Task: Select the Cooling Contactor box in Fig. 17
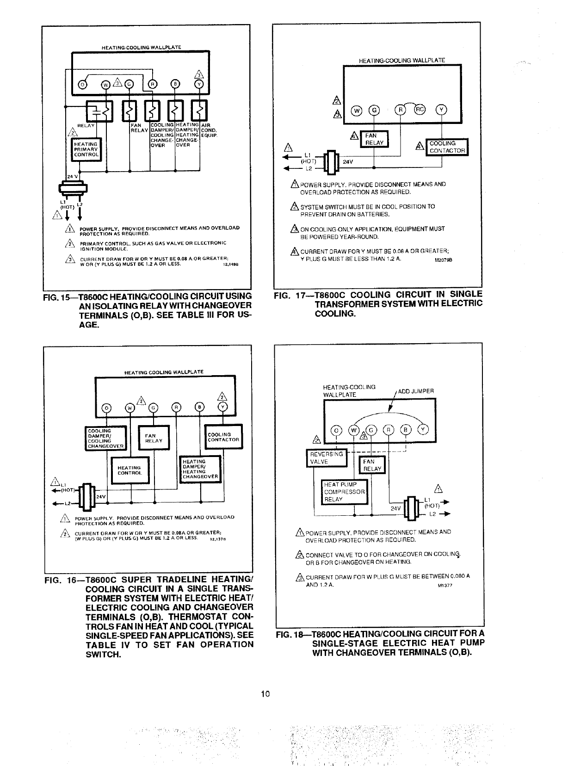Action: point(447,147)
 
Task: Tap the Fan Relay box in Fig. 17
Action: point(375,139)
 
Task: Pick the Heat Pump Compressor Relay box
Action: point(345,492)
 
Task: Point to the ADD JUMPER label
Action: point(416,391)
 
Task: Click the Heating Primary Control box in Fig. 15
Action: point(86,149)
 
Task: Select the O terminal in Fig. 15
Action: point(83,84)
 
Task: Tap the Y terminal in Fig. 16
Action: point(223,407)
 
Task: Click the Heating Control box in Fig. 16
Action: point(130,470)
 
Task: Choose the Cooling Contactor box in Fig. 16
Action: point(223,437)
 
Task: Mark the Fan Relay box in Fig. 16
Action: point(154,438)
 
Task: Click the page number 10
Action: point(265,694)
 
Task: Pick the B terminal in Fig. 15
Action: point(175,84)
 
